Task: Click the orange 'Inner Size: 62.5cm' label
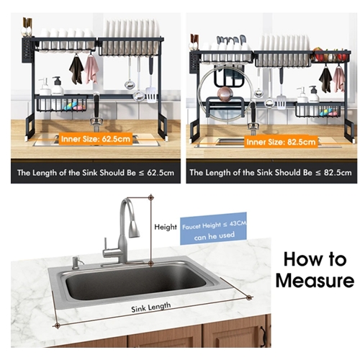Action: pyautogui.click(x=96, y=139)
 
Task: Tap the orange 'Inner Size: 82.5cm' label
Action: pyautogui.click(x=281, y=142)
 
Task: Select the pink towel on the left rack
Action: pyautogui.click(x=91, y=70)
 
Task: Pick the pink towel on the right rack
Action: pyautogui.click(x=338, y=79)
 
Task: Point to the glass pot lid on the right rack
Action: pyautogui.click(x=226, y=94)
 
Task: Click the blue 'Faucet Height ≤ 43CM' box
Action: pyautogui.click(x=213, y=228)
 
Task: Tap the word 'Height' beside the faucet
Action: pyautogui.click(x=166, y=227)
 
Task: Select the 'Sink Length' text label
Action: pyautogui.click(x=151, y=307)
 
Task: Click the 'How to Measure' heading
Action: pyautogui.click(x=315, y=270)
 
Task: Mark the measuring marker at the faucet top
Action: pyautogui.click(x=150, y=198)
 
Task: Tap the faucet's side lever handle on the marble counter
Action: pyautogui.click(x=105, y=245)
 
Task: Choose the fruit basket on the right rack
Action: pyautogui.click(x=330, y=55)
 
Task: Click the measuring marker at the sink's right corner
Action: pyautogui.click(x=249, y=297)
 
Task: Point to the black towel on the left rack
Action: pyautogui.click(x=76, y=70)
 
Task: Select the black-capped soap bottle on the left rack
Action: pyautogui.click(x=58, y=87)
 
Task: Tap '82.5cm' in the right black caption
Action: pyautogui.click(x=338, y=173)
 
